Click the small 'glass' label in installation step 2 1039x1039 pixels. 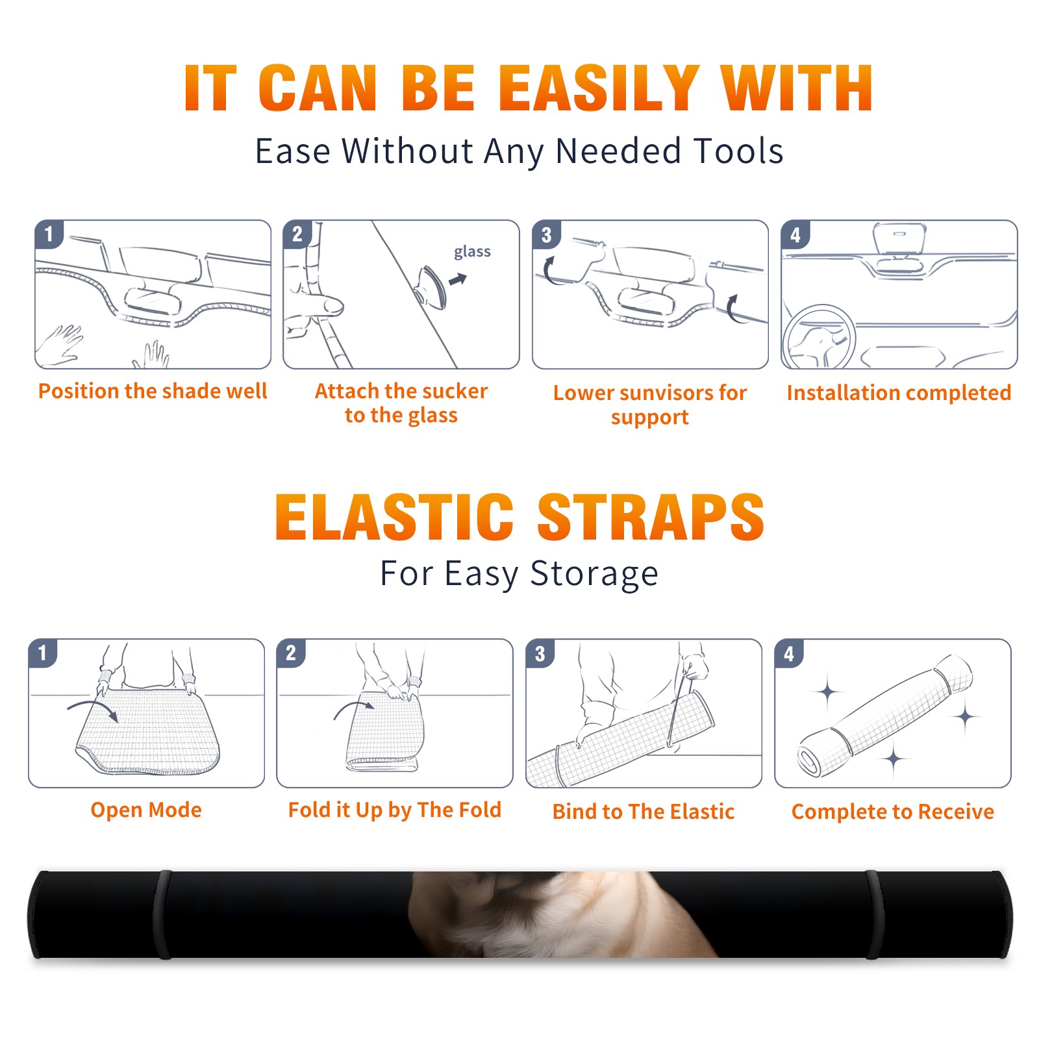(x=472, y=252)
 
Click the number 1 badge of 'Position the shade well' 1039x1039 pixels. (x=49, y=234)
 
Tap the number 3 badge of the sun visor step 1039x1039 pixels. (x=547, y=234)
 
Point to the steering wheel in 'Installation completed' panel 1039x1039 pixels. (x=819, y=338)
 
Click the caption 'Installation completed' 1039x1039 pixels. (x=899, y=392)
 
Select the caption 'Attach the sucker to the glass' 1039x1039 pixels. (x=401, y=403)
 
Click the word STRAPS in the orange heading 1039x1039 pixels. (x=651, y=517)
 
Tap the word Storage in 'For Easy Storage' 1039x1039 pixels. (x=594, y=574)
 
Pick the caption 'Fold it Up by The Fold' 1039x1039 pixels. (x=395, y=810)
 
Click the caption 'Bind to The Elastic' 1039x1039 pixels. (x=643, y=811)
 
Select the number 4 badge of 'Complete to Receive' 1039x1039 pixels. (x=789, y=653)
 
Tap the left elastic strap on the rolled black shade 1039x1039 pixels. (x=163, y=914)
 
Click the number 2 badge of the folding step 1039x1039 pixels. (x=291, y=653)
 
